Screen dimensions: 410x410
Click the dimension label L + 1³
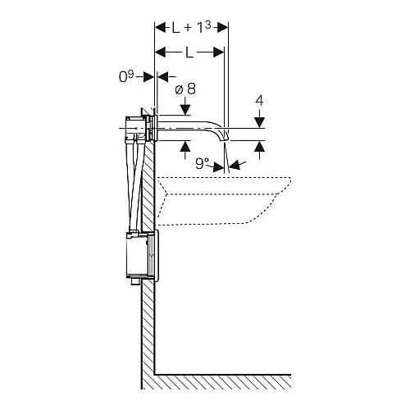[191, 28]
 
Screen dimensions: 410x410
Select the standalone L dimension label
[189, 52]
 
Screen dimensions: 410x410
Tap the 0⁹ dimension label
[126, 77]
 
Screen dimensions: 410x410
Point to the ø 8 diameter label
[185, 89]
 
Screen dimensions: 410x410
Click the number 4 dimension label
[259, 101]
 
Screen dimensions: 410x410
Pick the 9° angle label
[202, 163]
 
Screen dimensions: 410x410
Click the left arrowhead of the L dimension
[161, 52]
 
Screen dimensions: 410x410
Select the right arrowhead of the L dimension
[219, 52]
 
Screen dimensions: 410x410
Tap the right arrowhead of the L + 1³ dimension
[223, 28]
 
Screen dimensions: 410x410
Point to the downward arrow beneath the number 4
[259, 118]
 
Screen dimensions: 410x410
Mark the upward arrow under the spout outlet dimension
[259, 150]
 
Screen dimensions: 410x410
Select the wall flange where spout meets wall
[156, 129]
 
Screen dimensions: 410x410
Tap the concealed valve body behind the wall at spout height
[136, 129]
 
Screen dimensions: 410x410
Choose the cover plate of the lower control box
[156, 255]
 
